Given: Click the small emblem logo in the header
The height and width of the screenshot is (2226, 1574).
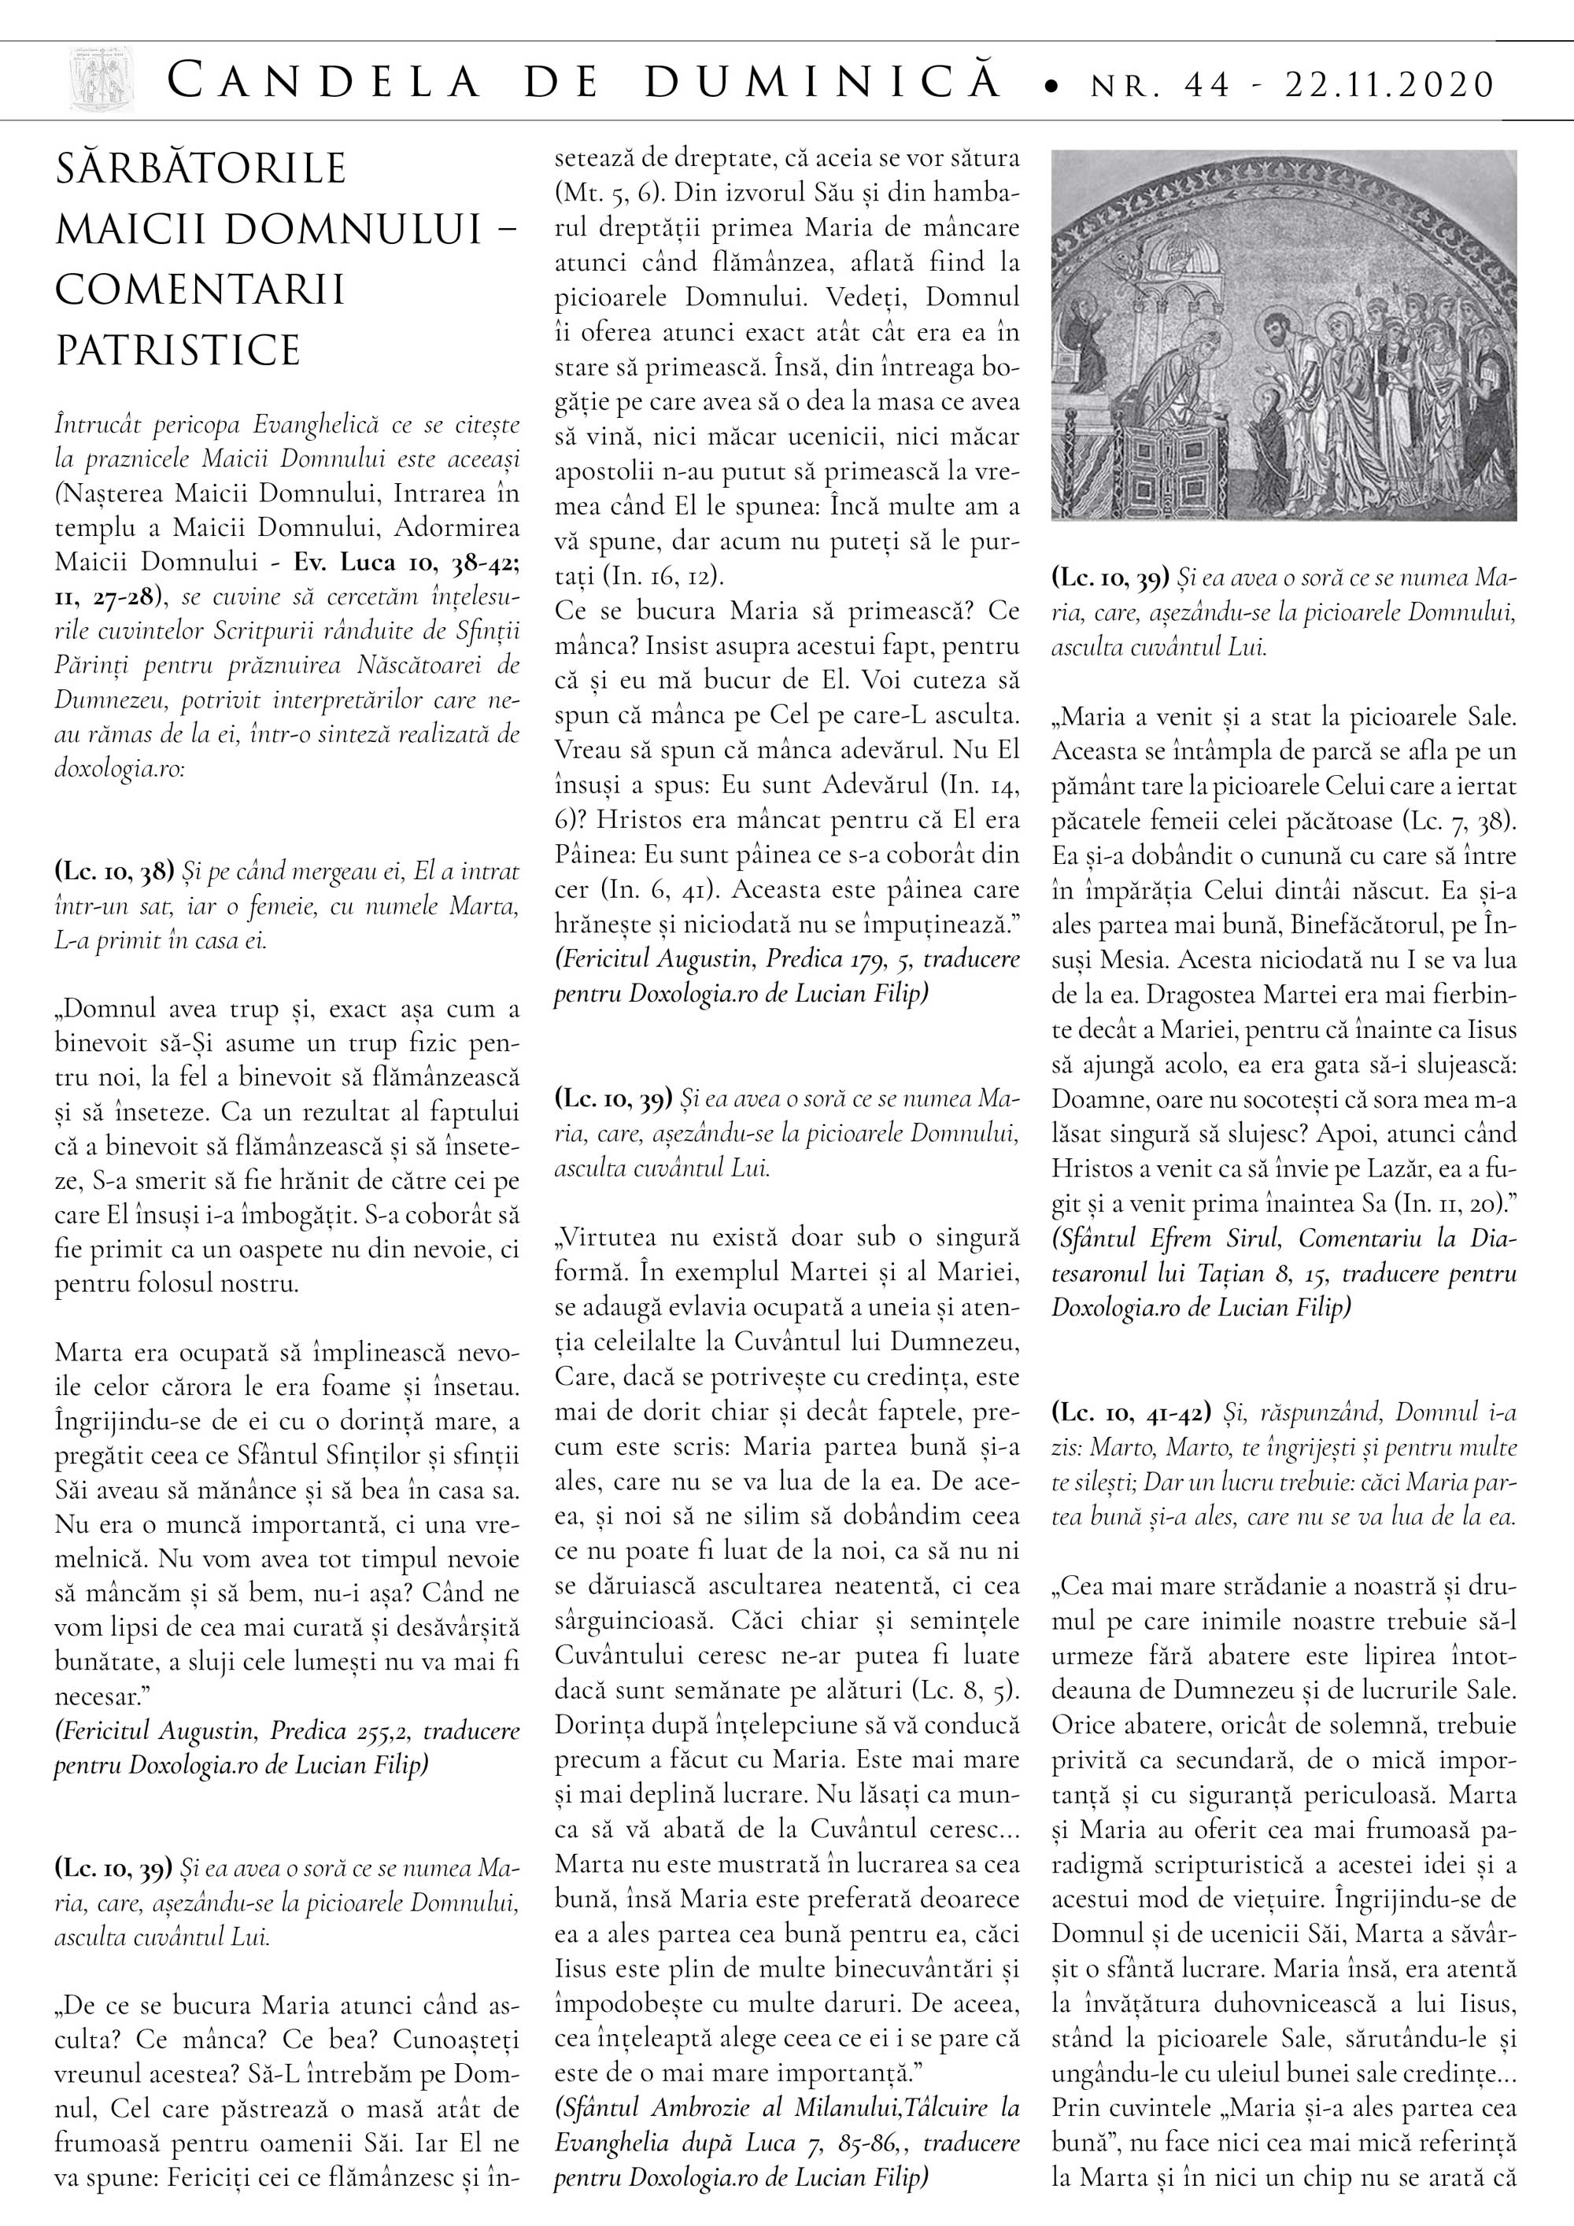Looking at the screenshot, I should [x=102, y=80].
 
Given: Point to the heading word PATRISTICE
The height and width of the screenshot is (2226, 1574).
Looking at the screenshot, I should [x=178, y=350].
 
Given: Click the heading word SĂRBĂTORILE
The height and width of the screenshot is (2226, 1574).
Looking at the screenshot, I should [x=201, y=168].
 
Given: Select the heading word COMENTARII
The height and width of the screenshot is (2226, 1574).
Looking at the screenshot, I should [x=200, y=290].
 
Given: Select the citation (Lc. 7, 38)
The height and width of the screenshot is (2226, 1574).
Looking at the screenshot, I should [x=1458, y=820].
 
